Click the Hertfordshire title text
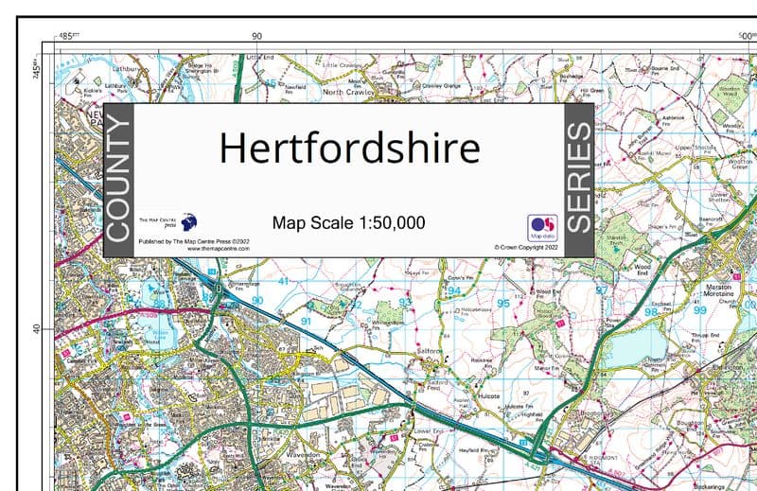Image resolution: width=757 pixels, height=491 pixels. click(349, 149)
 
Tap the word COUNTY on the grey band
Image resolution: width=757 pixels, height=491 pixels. click(118, 179)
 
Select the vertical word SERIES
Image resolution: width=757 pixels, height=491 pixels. click(578, 179)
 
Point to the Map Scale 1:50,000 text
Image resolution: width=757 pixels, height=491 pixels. click(348, 223)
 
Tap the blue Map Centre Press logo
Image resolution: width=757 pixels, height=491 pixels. click(189, 222)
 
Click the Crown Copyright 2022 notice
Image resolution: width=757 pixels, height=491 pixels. click(527, 247)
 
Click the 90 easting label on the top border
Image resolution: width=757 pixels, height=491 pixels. click(257, 36)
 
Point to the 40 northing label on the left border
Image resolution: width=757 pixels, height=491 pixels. click(37, 329)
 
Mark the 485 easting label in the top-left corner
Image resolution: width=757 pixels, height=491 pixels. click(66, 36)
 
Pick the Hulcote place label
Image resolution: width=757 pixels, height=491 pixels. click(490, 387)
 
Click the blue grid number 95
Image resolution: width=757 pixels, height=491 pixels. click(503, 304)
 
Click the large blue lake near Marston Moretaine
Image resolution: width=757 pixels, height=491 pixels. click(632, 342)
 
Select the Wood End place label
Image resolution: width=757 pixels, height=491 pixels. click(643, 272)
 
